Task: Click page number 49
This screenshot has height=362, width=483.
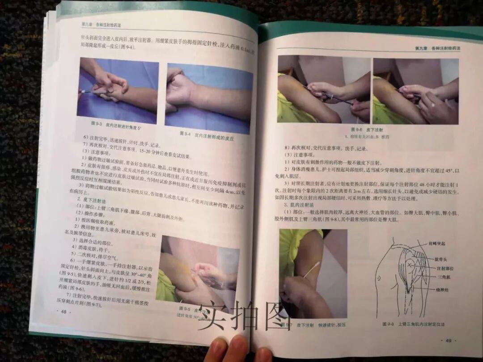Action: pos(449,341)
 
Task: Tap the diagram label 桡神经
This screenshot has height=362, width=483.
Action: pos(440,290)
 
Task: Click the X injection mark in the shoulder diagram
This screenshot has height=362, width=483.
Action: pos(407,266)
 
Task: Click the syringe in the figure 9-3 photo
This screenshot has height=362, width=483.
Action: pos(95,91)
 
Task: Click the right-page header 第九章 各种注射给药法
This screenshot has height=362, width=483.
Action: pos(436,48)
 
